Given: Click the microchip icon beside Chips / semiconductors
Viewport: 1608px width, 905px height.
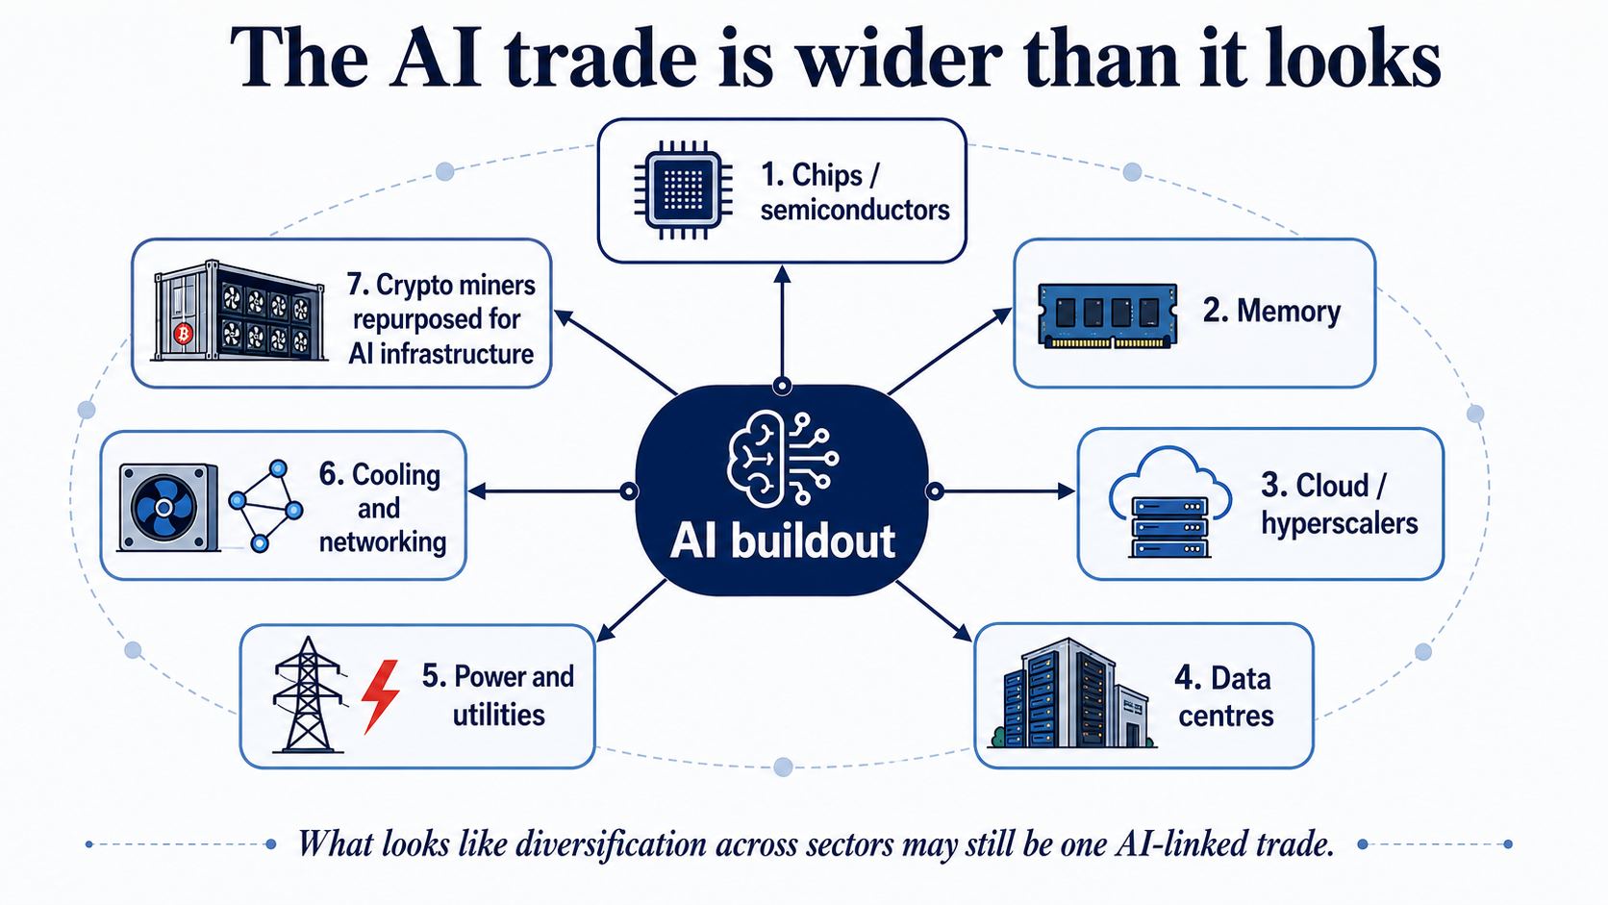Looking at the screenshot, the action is (x=684, y=190).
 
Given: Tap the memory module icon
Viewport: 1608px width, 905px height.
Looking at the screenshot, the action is (x=1108, y=315).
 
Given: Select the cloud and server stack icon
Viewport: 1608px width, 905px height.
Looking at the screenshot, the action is (x=1170, y=502).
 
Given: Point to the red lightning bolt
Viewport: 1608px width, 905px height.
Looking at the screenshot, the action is (x=380, y=696).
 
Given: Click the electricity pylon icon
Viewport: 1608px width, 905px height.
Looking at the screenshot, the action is (x=308, y=694).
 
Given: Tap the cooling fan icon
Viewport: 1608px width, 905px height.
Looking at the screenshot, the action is (x=168, y=508).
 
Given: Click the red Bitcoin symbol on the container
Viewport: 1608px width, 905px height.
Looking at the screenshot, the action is (x=184, y=334).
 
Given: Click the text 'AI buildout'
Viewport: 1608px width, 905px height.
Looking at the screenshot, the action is (x=783, y=540).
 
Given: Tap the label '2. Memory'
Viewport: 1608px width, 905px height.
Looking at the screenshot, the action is (x=1271, y=311).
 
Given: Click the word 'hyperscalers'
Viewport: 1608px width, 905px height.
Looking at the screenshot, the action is (x=1340, y=523).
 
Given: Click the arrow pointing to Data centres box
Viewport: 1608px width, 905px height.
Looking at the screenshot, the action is (x=934, y=611).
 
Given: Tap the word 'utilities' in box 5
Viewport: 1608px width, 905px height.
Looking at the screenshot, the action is (x=499, y=715).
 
